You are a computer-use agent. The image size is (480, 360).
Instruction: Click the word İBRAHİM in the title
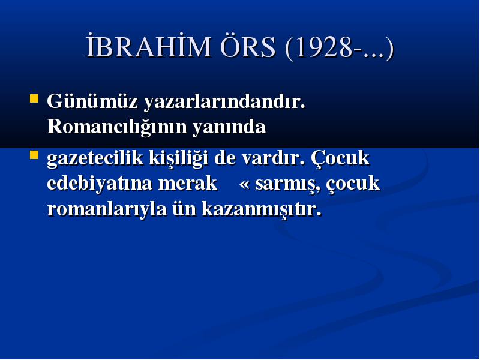pos(148,47)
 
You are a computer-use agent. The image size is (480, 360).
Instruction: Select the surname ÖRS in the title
pos(248,46)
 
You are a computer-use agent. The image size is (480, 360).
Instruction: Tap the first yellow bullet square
pos(34,98)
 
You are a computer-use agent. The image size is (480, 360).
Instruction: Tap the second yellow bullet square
pos(34,155)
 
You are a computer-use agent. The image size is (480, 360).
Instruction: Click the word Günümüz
pos(92,101)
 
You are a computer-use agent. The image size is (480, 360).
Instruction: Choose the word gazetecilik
pos(95,158)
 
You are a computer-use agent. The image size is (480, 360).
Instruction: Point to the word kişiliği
pos(178,158)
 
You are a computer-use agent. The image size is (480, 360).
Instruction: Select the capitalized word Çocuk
pos(340,158)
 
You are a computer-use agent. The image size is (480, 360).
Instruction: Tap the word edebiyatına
pos(100,184)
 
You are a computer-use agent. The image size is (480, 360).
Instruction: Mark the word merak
pos(188,184)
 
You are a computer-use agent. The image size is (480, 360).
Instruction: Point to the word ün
pos(184,209)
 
